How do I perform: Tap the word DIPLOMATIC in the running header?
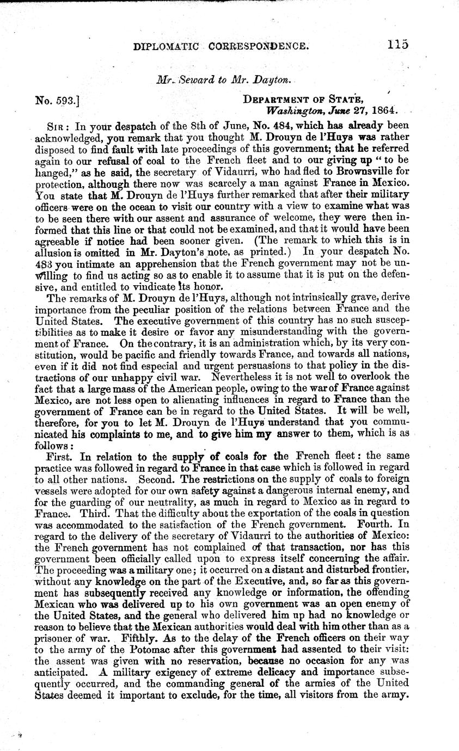(164, 47)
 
